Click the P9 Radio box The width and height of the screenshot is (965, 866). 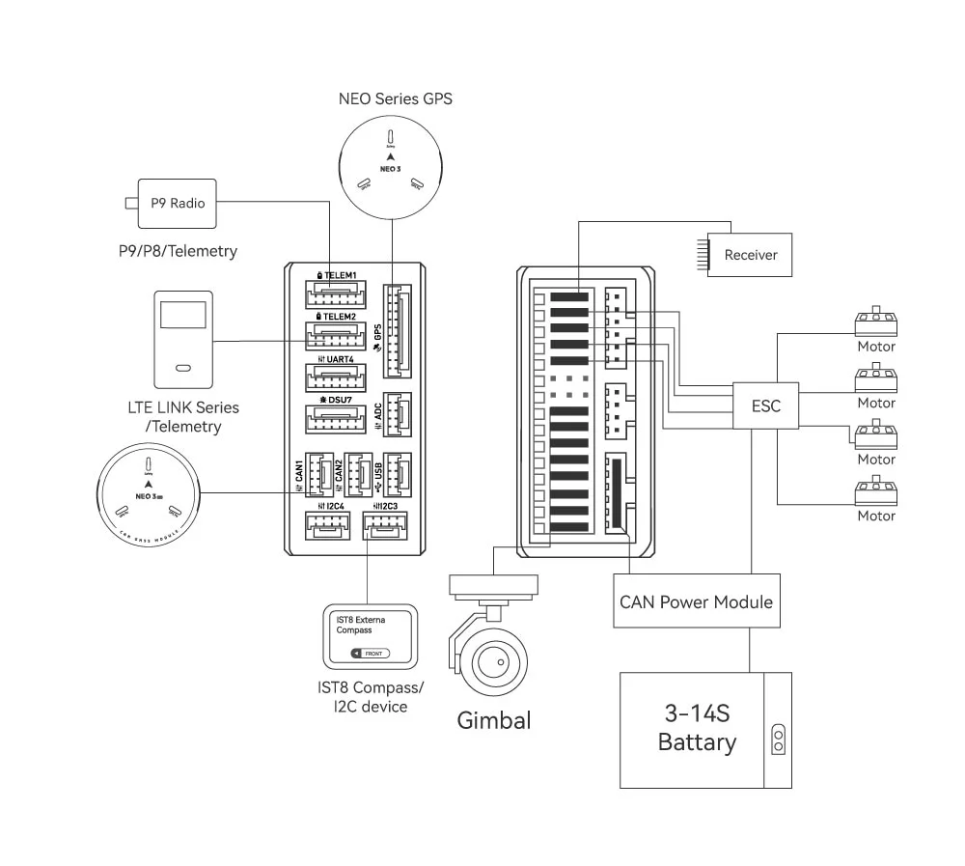pyautogui.click(x=178, y=203)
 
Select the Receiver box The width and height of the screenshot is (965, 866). pyautogui.click(x=750, y=255)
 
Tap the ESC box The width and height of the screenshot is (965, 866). pyautogui.click(x=765, y=406)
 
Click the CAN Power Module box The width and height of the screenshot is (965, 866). pyautogui.click(x=696, y=601)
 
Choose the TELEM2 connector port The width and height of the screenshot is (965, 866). pyautogui.click(x=330, y=335)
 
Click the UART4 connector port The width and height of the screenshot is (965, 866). pyautogui.click(x=330, y=377)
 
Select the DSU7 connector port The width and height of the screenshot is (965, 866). pyautogui.click(x=330, y=419)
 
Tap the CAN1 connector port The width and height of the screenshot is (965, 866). pyautogui.click(x=319, y=474)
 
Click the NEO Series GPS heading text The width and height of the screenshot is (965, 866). pyautogui.click(x=395, y=98)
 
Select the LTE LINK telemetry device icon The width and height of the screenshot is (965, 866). pyautogui.click(x=182, y=336)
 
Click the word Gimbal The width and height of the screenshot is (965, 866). pyautogui.click(x=494, y=720)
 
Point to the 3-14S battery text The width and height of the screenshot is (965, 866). pyautogui.click(x=696, y=728)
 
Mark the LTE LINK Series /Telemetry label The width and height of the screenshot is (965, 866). pyautogui.click(x=182, y=417)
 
